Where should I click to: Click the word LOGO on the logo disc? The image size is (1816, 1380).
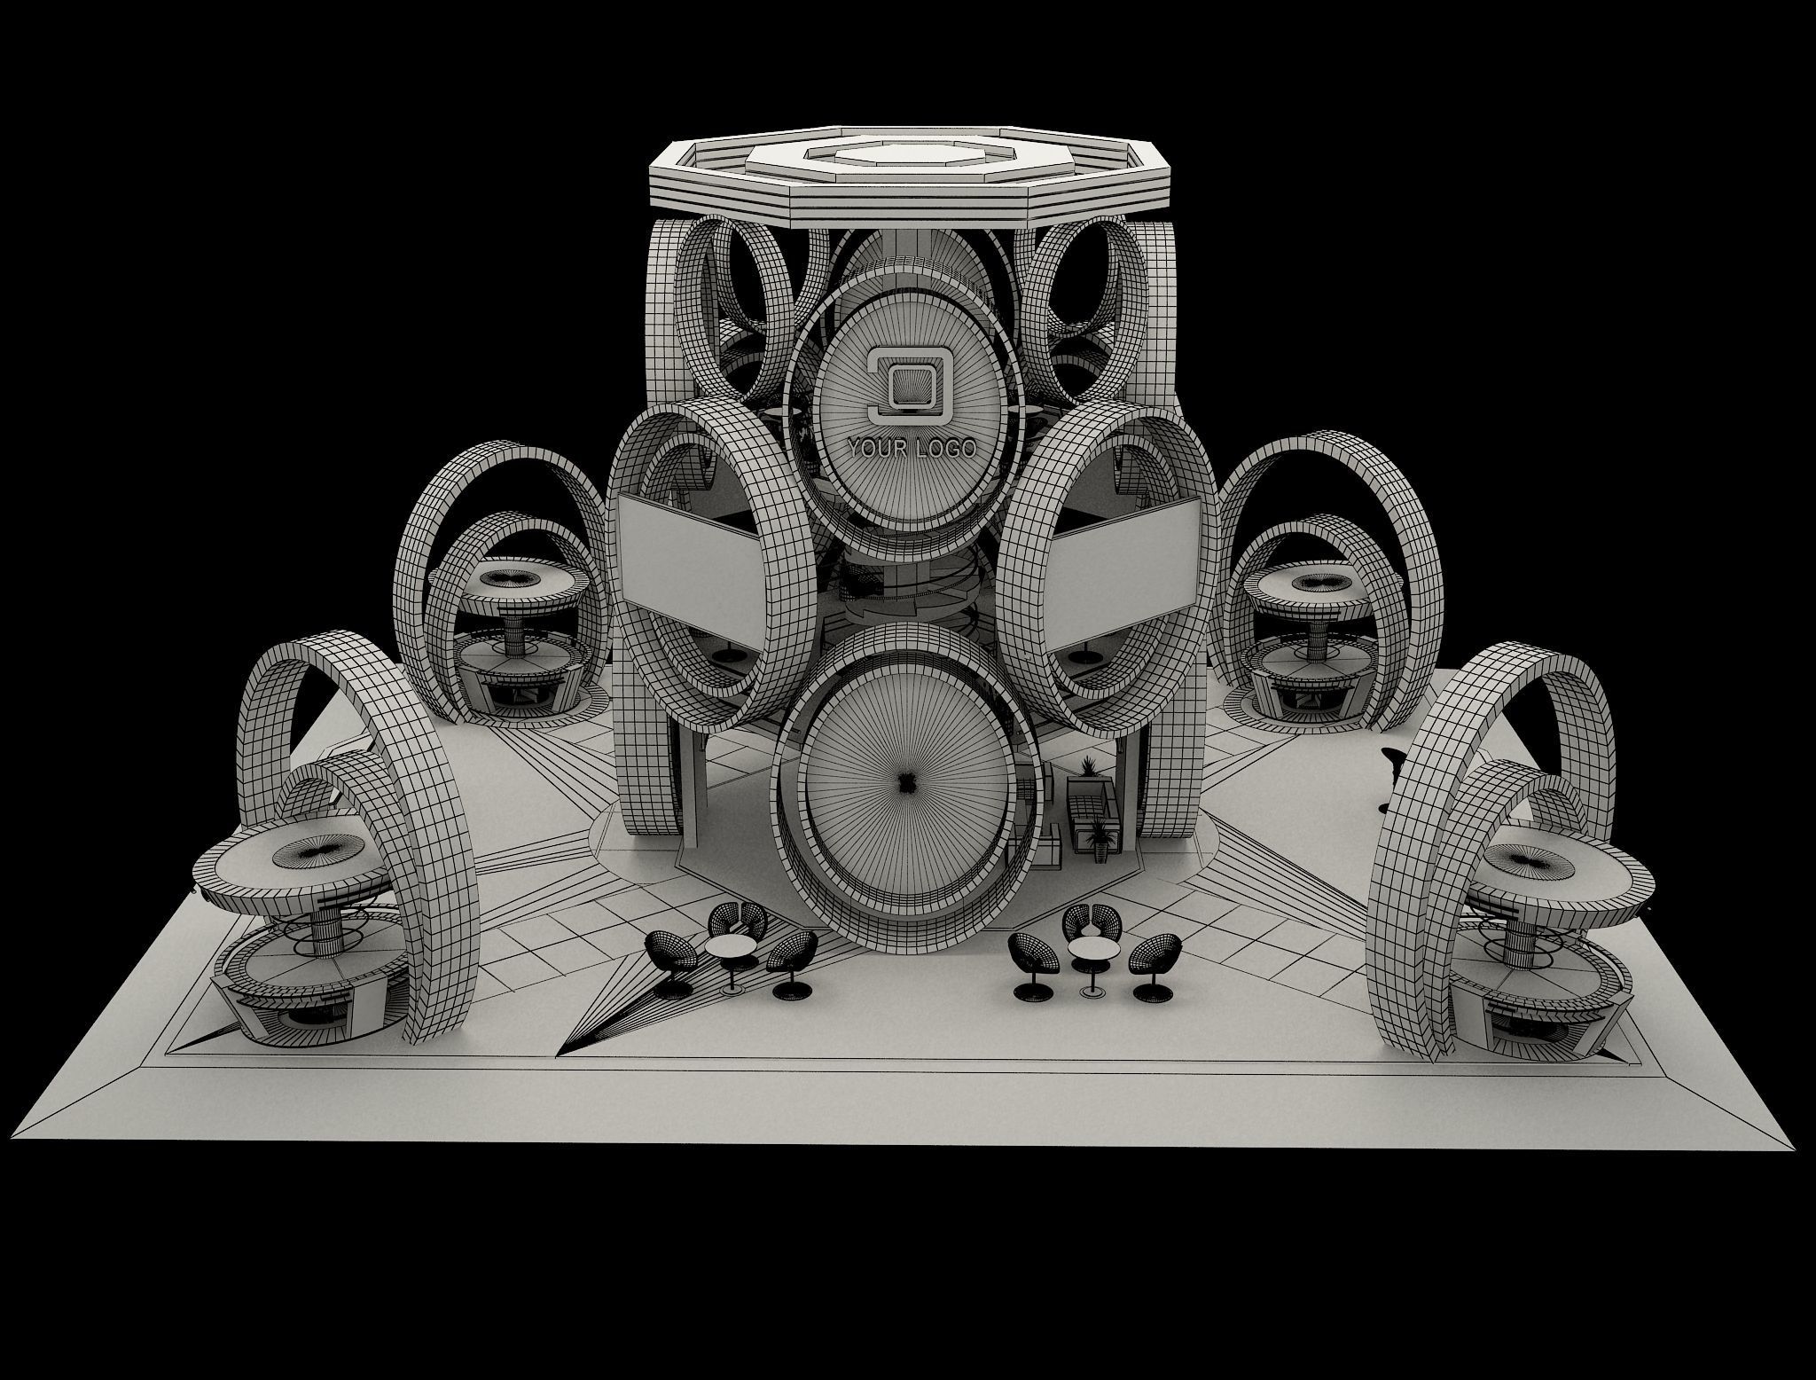tap(945, 449)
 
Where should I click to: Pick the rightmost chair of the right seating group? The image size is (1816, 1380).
tap(1154, 962)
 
